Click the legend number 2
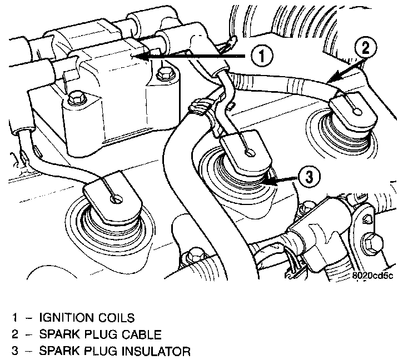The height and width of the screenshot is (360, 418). (x=18, y=335)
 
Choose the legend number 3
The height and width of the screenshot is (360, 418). (x=18, y=352)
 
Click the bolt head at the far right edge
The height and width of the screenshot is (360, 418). (x=371, y=242)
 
